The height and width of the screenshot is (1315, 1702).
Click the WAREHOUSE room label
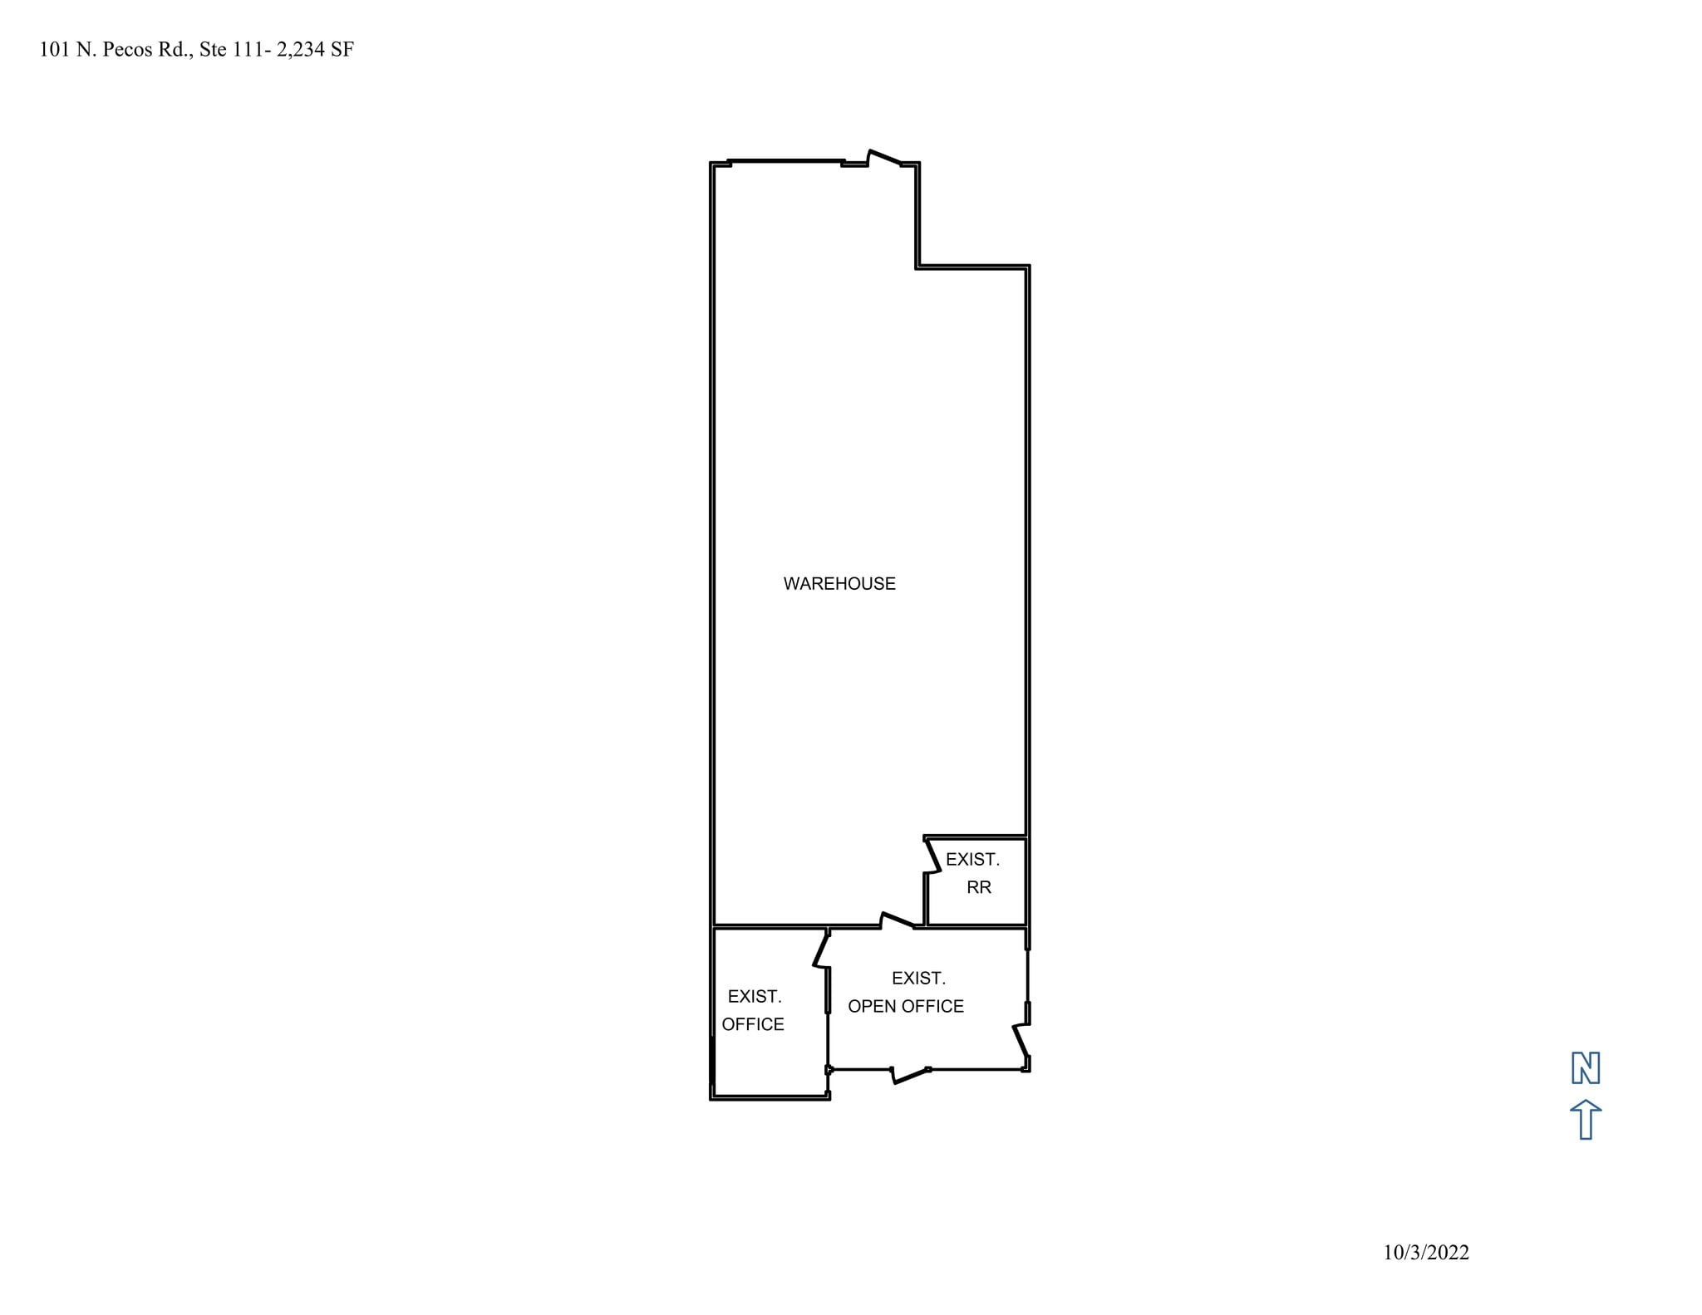point(839,584)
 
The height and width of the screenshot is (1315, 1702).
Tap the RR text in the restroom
point(978,887)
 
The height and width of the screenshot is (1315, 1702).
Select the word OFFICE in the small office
point(753,1024)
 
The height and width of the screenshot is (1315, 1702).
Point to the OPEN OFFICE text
point(906,1006)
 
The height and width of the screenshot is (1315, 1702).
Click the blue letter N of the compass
point(1586,1068)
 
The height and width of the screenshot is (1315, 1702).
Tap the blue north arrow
point(1586,1119)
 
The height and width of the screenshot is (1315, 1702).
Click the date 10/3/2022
point(1426,1253)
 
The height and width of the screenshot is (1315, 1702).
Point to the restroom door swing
point(932,856)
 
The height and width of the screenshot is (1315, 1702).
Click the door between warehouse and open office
point(898,920)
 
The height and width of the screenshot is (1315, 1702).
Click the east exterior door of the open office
point(1022,1042)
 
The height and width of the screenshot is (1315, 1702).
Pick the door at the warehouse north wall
point(884,158)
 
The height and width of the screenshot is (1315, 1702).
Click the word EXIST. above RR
point(972,860)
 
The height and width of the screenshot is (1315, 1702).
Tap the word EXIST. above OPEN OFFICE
point(918,979)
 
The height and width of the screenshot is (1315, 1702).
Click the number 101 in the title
point(55,50)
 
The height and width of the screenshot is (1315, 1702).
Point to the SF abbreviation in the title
point(342,50)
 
